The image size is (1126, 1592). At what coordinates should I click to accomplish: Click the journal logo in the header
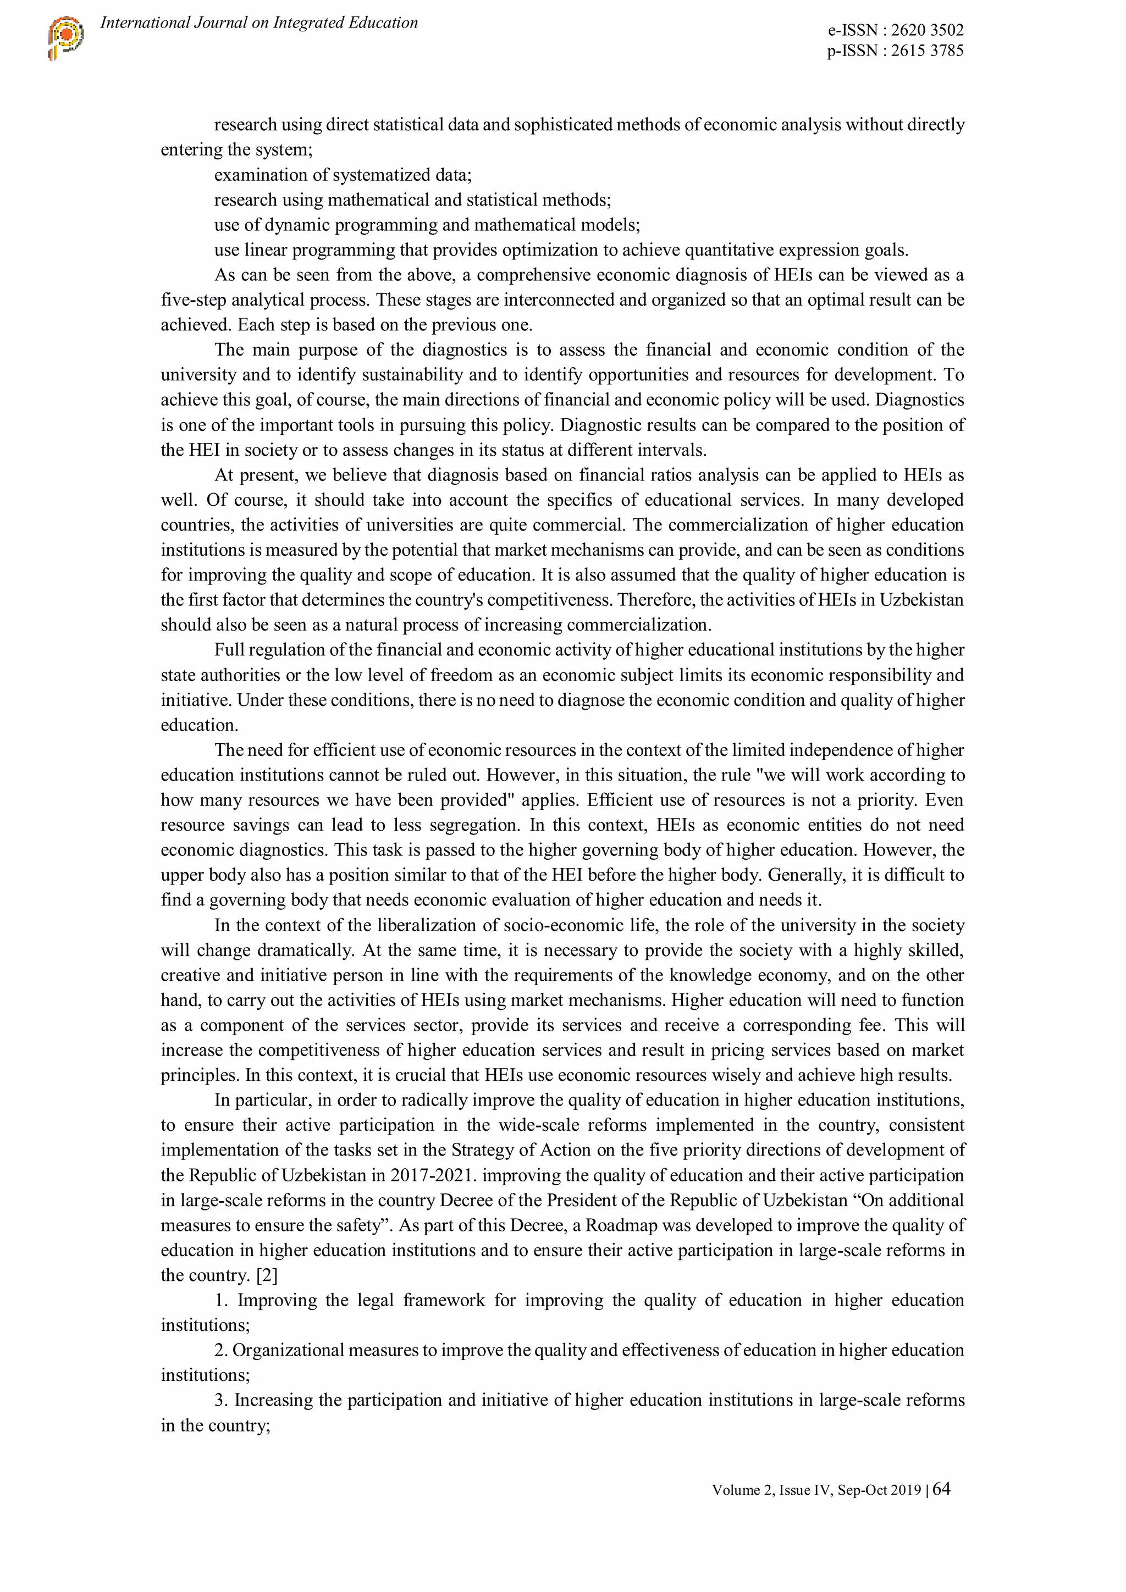pyautogui.click(x=66, y=37)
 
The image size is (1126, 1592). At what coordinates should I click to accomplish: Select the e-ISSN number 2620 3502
pyautogui.click(x=927, y=30)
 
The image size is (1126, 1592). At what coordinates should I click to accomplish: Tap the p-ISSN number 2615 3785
pyautogui.click(x=927, y=51)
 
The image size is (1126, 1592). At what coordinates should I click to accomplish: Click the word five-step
pyautogui.click(x=194, y=300)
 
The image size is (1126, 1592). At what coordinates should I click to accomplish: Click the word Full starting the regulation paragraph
pyautogui.click(x=229, y=650)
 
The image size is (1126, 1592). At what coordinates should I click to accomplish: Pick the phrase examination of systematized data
pyautogui.click(x=343, y=175)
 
